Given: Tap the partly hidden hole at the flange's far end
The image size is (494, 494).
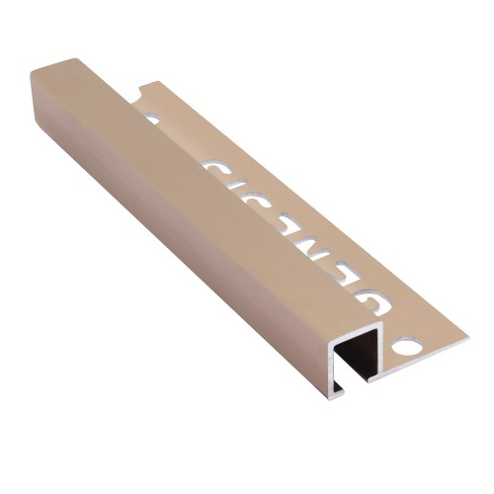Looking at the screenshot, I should [x=152, y=119].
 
